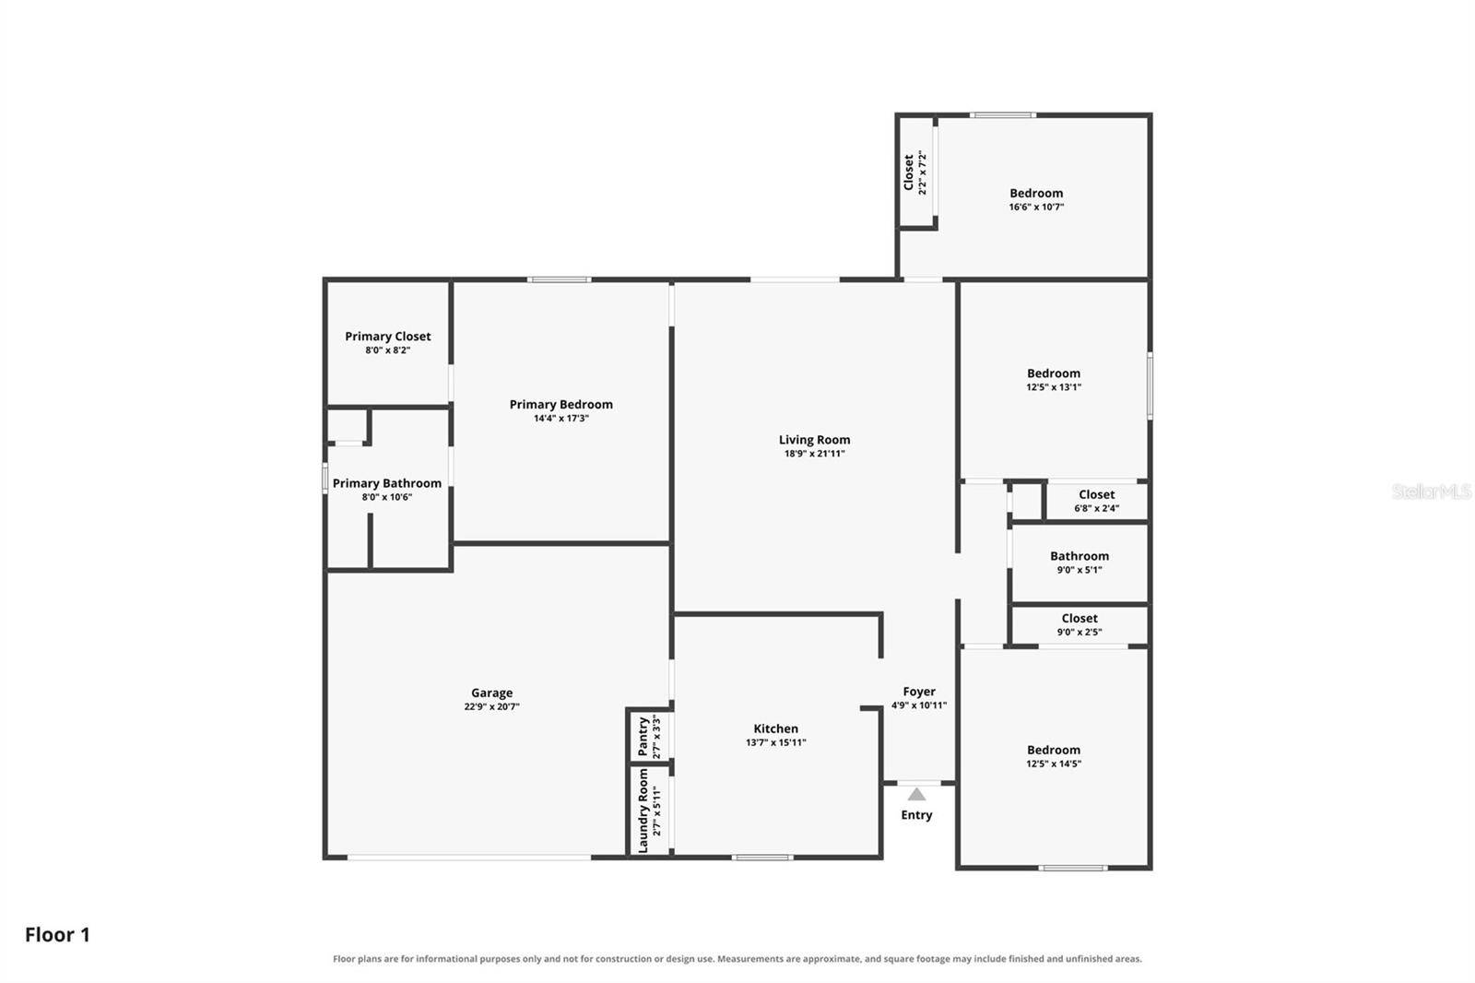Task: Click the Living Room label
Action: click(815, 440)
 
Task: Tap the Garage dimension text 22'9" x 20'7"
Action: click(492, 707)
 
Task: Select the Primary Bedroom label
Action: click(561, 405)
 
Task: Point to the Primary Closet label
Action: click(388, 336)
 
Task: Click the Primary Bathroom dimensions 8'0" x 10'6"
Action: click(387, 497)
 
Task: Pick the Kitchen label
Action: click(775, 728)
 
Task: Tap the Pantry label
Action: click(643, 737)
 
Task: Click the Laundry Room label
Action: click(643, 811)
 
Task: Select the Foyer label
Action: click(919, 691)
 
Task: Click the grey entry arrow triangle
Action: click(916, 794)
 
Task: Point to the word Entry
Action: click(916, 815)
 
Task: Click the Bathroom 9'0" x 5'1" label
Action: click(1080, 556)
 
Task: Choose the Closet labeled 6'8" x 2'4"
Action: click(1096, 494)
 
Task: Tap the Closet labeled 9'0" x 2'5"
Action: click(1080, 618)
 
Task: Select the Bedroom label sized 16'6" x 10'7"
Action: click(1036, 193)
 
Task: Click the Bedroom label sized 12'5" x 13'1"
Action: click(1054, 373)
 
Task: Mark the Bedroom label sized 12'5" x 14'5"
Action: click(1054, 750)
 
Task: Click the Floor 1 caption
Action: click(57, 935)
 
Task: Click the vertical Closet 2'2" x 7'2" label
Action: click(909, 172)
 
